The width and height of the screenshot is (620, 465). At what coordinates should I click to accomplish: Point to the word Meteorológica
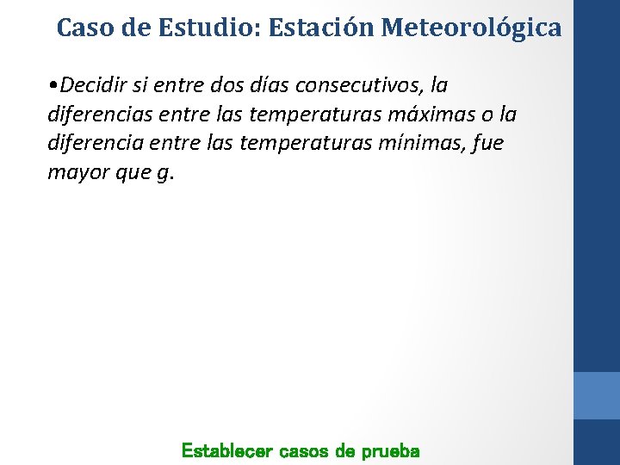[x=471, y=28]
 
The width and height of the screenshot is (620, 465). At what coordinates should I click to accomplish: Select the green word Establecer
[x=226, y=450]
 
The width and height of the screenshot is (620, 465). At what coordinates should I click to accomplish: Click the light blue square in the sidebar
[x=597, y=395]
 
